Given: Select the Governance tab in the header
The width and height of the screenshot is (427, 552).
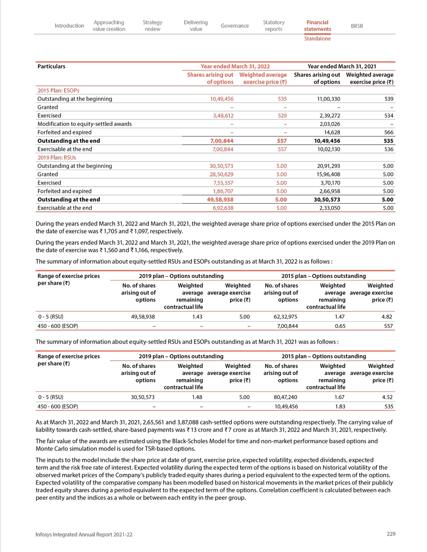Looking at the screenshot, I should [235, 26].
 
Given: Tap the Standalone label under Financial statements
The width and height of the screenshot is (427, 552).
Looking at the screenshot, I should [317, 39].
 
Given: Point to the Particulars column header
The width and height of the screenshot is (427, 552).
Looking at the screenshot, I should [51, 67].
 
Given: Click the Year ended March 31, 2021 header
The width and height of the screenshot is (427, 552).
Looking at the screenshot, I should [344, 67].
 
